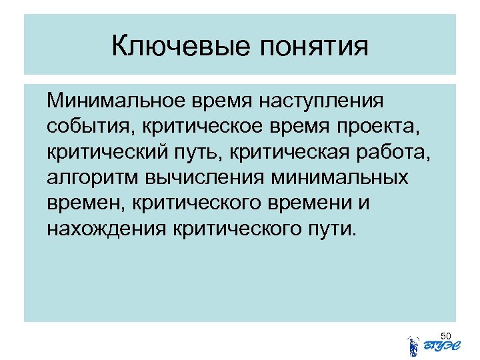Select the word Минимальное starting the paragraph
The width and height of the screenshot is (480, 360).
coord(115,102)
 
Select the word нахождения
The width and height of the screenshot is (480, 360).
coord(105,229)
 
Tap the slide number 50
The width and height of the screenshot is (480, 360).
coord(447,335)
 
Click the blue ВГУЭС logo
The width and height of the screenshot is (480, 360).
coord(434,345)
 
